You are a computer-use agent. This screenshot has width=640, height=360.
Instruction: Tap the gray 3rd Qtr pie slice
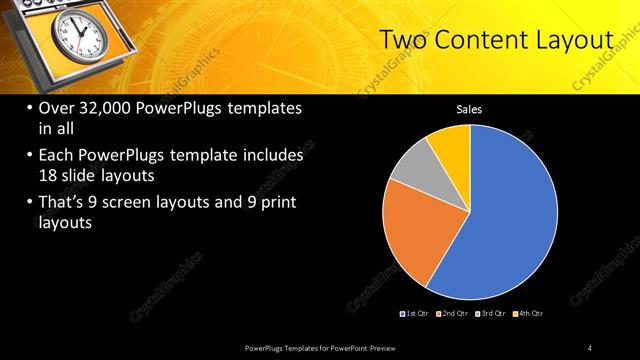click(413, 172)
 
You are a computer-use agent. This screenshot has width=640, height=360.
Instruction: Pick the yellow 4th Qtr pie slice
click(451, 144)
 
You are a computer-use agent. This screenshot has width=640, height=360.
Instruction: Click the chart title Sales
click(469, 109)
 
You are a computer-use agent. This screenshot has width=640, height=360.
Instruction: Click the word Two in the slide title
click(406, 41)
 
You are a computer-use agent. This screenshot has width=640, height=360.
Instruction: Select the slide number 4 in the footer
click(590, 347)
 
